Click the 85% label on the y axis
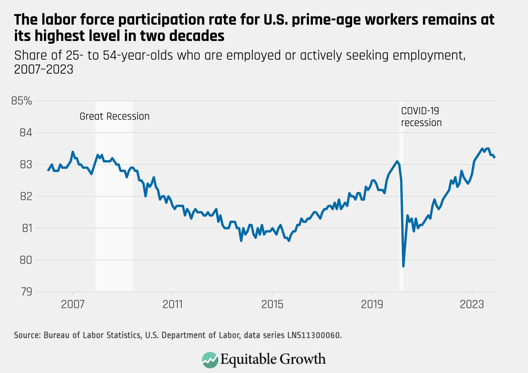tap(22, 101)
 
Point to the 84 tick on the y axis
tap(26, 133)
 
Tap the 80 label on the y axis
tap(26, 260)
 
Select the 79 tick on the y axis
tap(27, 292)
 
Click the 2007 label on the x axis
tap(73, 305)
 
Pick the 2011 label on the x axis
tap(172, 305)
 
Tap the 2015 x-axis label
tap(272, 305)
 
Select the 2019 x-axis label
tap(372, 305)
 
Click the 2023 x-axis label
tap(472, 305)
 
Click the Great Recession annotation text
tap(114, 116)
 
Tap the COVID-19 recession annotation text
tap(421, 117)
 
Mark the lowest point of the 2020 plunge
tap(403, 266)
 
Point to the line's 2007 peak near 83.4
tap(73, 152)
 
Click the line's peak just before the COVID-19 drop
tap(397, 161)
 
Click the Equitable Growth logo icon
tap(210, 360)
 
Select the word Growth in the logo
tap(303, 359)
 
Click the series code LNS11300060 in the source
tap(314, 335)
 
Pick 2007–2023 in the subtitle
tap(44, 69)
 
